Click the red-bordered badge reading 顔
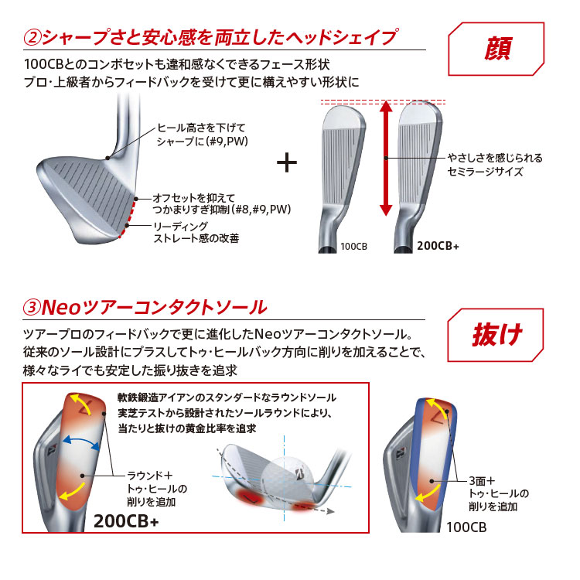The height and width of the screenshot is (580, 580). (x=496, y=49)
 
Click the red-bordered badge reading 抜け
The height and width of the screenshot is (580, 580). (x=496, y=335)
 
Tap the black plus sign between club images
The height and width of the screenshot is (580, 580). (x=287, y=162)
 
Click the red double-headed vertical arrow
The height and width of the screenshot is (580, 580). (x=386, y=158)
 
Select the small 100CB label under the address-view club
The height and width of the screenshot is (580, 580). (x=353, y=247)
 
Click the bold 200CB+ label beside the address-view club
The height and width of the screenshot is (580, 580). (x=438, y=246)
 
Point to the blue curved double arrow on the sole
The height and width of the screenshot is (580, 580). (x=81, y=442)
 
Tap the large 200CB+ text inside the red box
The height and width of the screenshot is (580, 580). (x=126, y=521)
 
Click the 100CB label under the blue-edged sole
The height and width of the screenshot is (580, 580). (x=466, y=527)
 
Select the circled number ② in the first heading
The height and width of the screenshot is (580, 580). (x=32, y=38)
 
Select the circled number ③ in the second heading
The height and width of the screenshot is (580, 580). (x=32, y=308)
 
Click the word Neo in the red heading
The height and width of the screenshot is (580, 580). (x=61, y=307)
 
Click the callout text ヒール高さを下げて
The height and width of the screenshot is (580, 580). (x=202, y=128)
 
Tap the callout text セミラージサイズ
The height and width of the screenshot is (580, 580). (x=485, y=172)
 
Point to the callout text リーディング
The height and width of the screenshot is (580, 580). (x=181, y=226)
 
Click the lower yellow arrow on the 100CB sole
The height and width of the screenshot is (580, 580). (x=428, y=493)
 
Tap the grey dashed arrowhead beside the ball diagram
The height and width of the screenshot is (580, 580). (x=330, y=511)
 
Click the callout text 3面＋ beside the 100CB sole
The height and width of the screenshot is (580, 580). (x=482, y=481)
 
